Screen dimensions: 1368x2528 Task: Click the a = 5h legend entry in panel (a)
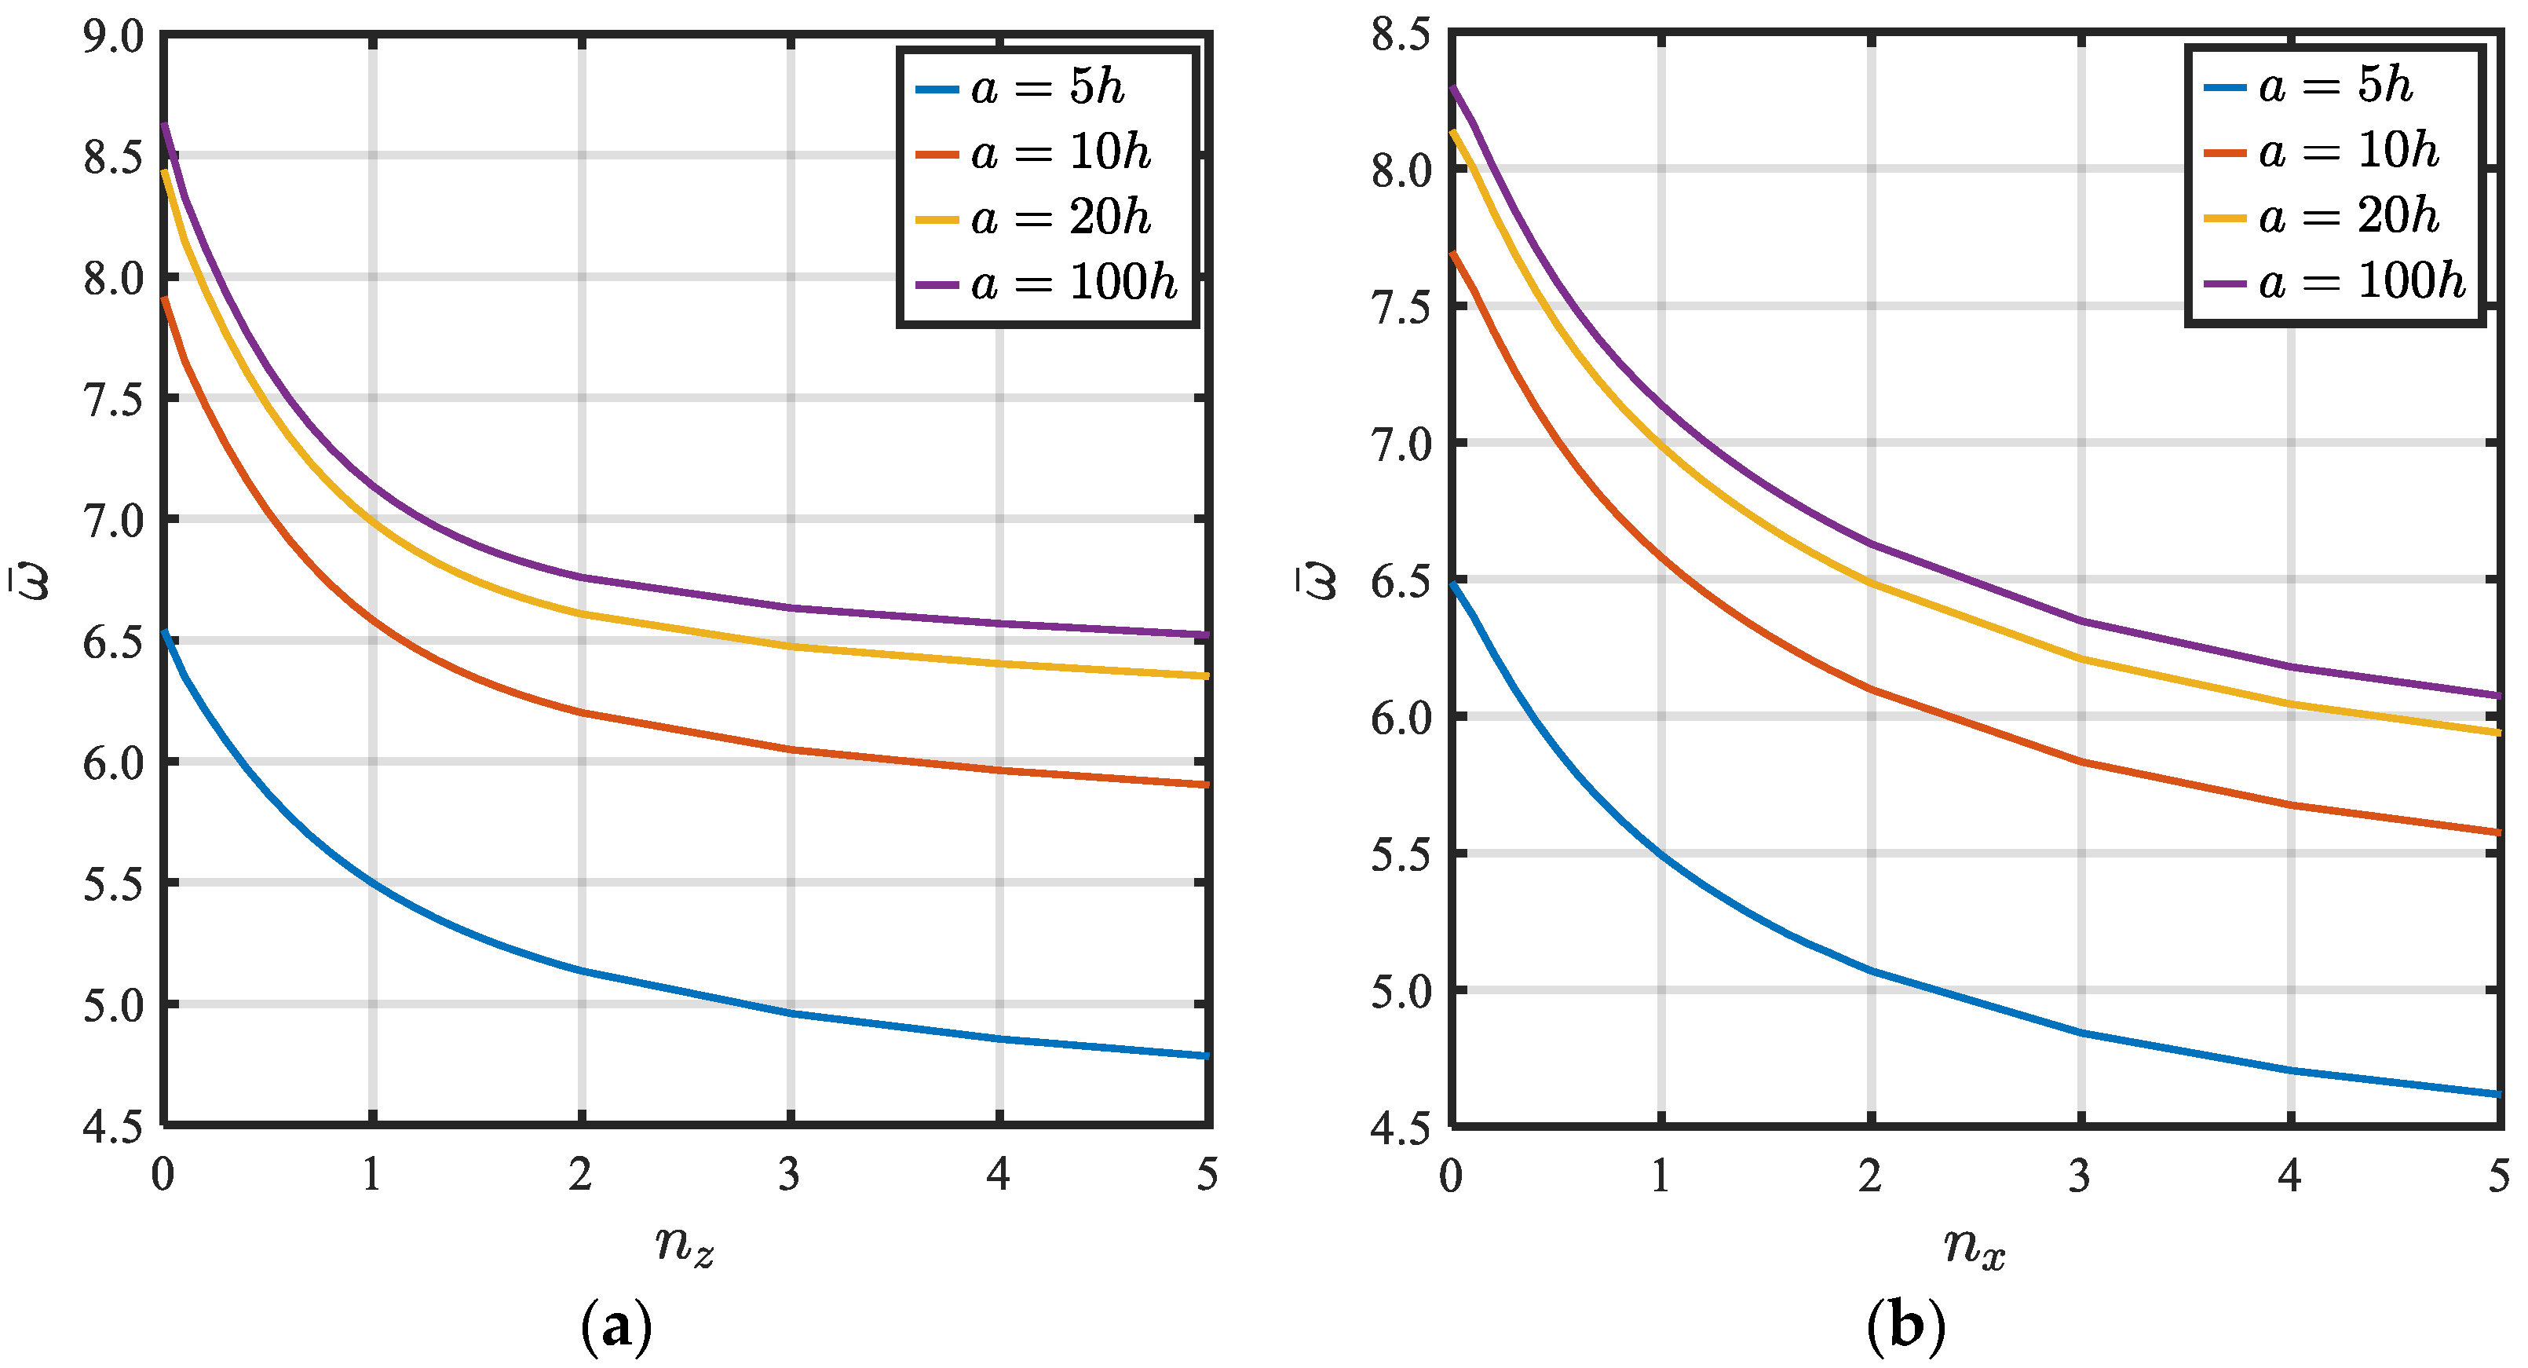click(1046, 88)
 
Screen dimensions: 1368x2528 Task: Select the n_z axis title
click(684, 1246)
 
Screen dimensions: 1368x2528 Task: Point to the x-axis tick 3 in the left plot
click(790, 1175)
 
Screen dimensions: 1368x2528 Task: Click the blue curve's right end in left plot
click(1206, 1056)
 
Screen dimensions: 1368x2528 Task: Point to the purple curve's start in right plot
click(1453, 88)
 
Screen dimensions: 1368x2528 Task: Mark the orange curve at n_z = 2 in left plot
click(582, 712)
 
